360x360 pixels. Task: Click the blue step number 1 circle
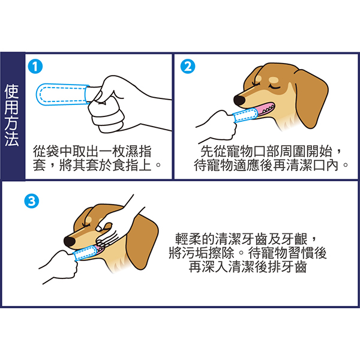[x=35, y=67]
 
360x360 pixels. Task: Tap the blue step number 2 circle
[x=188, y=67]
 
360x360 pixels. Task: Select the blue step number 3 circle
[x=32, y=201]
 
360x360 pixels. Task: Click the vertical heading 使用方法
[x=12, y=115]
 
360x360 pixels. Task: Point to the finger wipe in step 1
[x=62, y=94]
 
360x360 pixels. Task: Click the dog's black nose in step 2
[x=239, y=100]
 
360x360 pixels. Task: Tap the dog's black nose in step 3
[x=70, y=242]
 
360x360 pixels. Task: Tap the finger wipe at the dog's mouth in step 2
[x=245, y=115]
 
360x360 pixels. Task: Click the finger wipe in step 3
[x=85, y=253]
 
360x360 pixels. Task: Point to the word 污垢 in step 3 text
[x=195, y=253]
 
